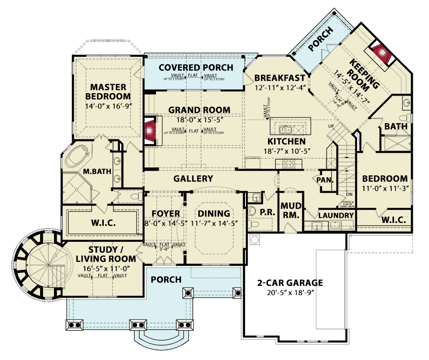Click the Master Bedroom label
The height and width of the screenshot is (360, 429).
(110, 91)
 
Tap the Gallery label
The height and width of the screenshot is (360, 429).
(193, 179)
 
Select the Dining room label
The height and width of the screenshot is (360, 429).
(214, 214)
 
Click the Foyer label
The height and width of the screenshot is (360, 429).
(166, 214)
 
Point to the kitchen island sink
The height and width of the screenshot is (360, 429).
(285, 128)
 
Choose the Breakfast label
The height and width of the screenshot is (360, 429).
(280, 78)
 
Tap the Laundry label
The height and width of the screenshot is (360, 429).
(336, 216)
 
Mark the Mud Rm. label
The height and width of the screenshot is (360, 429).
(290, 211)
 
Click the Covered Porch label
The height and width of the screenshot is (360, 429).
(196, 68)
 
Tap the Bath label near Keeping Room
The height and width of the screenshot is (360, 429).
(395, 126)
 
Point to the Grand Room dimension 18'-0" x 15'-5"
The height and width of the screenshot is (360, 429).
(199, 119)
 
